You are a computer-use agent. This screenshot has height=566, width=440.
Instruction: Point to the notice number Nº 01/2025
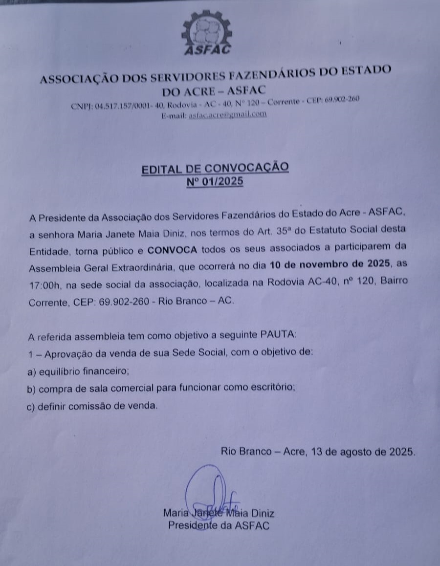(x=215, y=182)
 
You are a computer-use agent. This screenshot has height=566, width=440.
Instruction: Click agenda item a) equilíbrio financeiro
(x=79, y=371)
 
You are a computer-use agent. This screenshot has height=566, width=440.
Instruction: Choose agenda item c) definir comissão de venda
(x=93, y=406)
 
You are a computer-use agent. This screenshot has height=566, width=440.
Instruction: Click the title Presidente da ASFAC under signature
(x=219, y=526)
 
